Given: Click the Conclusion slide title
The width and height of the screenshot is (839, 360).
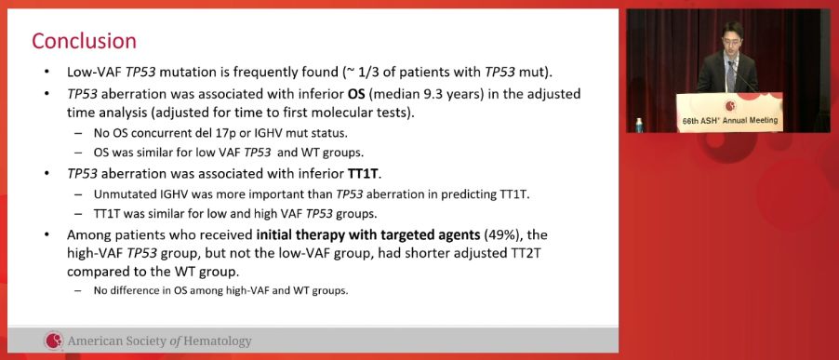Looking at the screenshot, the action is [84, 41].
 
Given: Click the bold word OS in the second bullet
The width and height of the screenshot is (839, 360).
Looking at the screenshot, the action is [353, 94].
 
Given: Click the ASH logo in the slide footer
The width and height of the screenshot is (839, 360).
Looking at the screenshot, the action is [54, 340].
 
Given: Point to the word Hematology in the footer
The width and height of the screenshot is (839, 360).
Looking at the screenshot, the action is [218, 341].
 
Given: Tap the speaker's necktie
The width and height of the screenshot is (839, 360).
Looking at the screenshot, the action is [730, 75].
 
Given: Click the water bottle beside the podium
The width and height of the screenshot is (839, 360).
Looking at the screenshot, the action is [639, 126].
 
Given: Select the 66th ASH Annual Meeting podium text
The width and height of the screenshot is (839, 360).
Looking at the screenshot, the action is [730, 120].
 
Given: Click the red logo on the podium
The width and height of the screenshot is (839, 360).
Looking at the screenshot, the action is [730, 106].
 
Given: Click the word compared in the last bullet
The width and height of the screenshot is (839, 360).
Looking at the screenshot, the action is [91, 272].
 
